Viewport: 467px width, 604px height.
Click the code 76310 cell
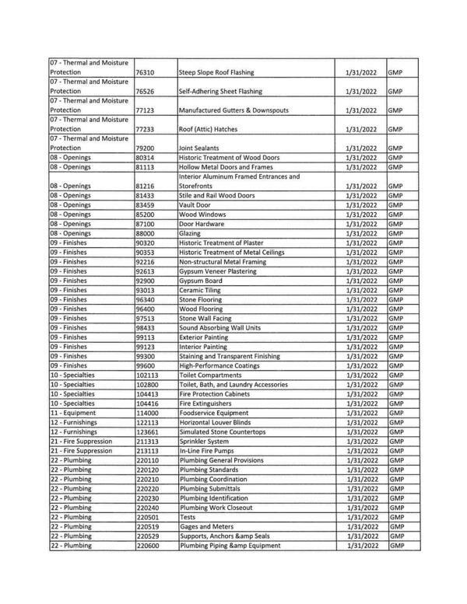coord(146,72)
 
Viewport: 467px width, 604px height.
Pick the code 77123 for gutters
coord(146,110)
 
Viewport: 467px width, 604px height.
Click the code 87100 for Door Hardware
coord(146,224)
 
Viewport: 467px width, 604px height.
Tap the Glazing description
coord(191,233)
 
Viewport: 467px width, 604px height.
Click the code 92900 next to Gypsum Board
coord(146,281)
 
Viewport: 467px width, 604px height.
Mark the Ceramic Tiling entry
coord(202,290)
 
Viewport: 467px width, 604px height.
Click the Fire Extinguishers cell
coord(205,403)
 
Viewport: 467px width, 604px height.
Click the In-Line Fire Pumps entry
coord(206,451)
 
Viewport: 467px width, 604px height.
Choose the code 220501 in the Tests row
coord(148,517)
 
